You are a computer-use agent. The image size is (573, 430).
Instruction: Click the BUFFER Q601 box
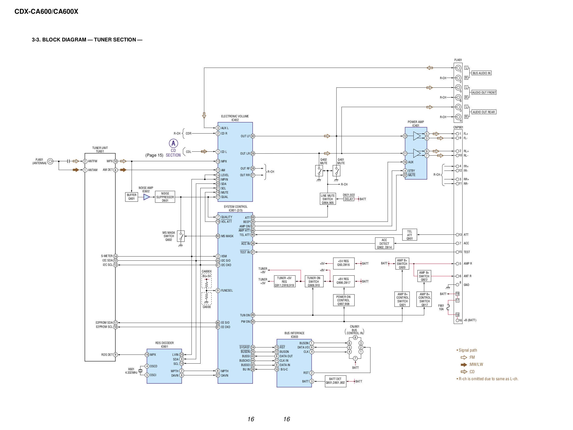click(x=131, y=197)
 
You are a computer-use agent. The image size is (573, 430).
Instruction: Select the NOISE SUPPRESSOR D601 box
click(x=165, y=197)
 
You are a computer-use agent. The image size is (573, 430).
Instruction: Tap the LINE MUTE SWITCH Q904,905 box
click(x=328, y=199)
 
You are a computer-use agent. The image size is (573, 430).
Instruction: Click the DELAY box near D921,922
click(x=349, y=199)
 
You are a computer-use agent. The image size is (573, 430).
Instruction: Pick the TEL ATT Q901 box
click(x=409, y=235)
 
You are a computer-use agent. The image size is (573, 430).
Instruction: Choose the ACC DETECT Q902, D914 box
click(x=384, y=244)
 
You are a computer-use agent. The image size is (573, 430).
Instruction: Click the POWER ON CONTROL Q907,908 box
click(x=343, y=300)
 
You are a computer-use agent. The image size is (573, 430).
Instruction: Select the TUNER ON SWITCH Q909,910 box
click(x=314, y=282)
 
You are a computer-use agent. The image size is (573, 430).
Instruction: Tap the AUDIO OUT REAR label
click(x=484, y=112)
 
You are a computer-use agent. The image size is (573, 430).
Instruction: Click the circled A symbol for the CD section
click(x=173, y=143)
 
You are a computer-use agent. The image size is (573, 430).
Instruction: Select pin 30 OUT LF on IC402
click(x=253, y=136)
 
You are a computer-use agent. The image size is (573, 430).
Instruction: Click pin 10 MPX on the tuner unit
click(x=115, y=161)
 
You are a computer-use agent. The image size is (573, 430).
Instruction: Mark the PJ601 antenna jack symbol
click(x=50, y=161)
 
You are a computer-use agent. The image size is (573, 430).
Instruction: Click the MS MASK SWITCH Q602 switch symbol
click(x=181, y=236)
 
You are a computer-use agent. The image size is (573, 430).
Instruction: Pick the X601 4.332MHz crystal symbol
click(x=140, y=371)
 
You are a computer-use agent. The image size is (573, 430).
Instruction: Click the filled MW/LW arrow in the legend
click(x=464, y=365)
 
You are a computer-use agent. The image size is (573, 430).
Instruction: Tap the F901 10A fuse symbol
click(x=448, y=307)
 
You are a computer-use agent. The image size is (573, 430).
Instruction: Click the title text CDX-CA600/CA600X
click(x=46, y=11)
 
